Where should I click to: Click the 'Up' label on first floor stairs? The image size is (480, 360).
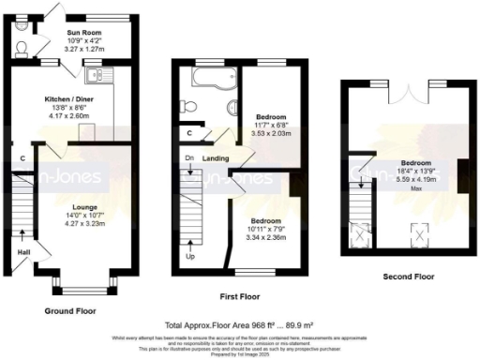pos(192,256)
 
